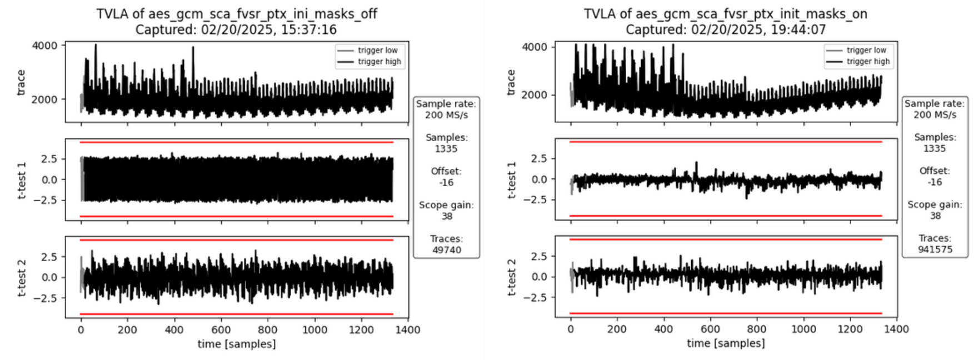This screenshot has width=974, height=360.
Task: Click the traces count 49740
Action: click(446, 250)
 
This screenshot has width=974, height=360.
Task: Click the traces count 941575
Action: click(935, 249)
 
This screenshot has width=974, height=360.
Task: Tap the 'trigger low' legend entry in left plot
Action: click(377, 50)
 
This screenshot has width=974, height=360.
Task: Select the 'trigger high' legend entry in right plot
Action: click(868, 62)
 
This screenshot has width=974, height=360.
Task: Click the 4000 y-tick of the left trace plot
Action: click(44, 46)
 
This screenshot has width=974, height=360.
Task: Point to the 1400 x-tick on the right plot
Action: click(896, 329)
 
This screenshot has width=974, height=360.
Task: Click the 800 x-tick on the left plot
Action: click(268, 329)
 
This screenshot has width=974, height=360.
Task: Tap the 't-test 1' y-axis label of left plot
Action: click(22, 180)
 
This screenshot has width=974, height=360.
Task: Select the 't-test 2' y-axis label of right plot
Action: click(511, 277)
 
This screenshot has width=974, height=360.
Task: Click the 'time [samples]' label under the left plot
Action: click(236, 344)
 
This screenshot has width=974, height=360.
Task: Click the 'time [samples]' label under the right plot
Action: click(726, 343)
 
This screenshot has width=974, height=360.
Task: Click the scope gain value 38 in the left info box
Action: click(446, 216)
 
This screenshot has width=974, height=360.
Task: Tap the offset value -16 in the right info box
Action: click(935, 182)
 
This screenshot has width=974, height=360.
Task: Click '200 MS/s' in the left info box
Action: click(446, 115)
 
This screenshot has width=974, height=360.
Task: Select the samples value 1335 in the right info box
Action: click(935, 148)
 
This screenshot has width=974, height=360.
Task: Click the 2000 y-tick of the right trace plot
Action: click(534, 95)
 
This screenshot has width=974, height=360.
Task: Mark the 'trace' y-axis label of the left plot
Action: click(21, 82)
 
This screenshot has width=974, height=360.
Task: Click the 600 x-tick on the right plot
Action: click(710, 329)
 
